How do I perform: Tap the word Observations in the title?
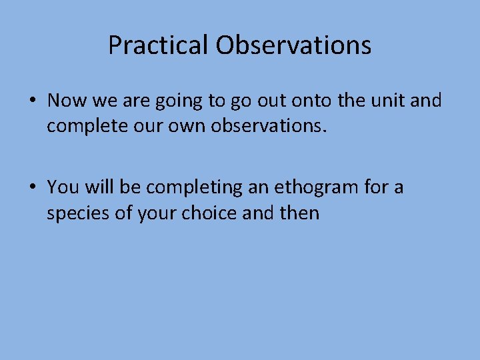293,45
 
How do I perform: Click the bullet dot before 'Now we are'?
32,101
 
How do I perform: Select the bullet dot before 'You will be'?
32,188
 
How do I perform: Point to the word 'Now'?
65,101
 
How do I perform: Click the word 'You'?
63,187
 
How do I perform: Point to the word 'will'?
98,187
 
